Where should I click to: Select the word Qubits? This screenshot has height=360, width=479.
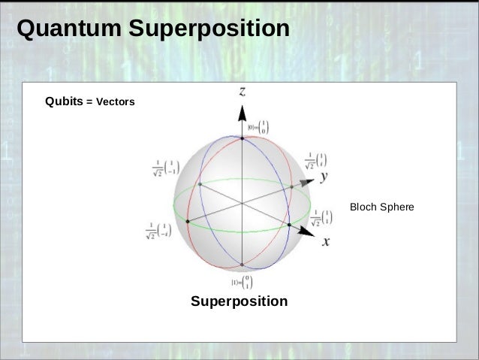[x=65, y=101]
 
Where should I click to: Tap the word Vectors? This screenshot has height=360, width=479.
[x=113, y=102]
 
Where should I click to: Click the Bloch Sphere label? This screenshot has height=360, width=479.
[x=382, y=205]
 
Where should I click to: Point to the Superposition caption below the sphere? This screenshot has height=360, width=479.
[x=239, y=301]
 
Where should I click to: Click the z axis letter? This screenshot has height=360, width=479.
[x=242, y=91]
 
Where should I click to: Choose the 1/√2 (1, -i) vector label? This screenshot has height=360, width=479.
[x=158, y=230]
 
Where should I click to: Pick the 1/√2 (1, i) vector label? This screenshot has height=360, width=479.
[x=318, y=159]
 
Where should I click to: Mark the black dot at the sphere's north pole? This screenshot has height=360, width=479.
[x=242, y=138]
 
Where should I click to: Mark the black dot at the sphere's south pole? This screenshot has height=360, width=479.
[x=242, y=264]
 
